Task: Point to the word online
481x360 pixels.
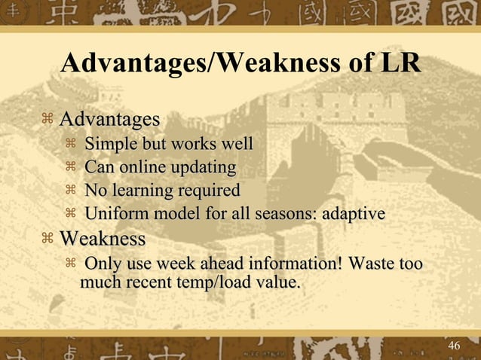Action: (144, 167)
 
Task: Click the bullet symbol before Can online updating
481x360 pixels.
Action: (71, 167)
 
